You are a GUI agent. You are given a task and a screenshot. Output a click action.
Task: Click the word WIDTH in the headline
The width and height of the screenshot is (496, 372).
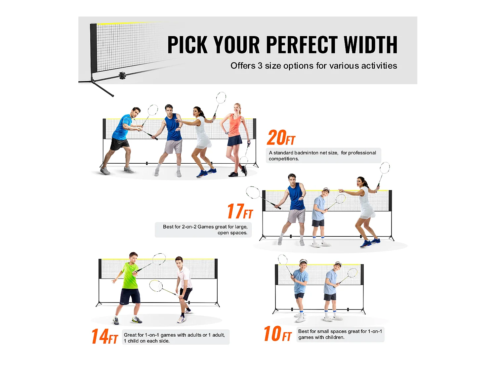(370, 45)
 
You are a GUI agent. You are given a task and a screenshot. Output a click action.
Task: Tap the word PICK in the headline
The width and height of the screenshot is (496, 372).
(187, 45)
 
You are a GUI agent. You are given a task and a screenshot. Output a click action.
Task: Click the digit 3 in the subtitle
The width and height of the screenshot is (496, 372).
(260, 66)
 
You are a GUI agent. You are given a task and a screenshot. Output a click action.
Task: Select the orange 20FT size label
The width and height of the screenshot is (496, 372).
(281, 138)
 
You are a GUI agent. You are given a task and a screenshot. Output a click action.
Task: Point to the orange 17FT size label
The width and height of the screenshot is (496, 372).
(240, 211)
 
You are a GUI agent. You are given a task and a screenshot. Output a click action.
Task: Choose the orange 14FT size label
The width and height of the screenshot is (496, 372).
(104, 336)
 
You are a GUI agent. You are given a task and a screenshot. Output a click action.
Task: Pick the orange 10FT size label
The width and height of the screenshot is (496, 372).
(277, 334)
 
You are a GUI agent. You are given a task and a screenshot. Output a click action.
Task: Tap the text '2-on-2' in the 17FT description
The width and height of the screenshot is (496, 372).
(189, 227)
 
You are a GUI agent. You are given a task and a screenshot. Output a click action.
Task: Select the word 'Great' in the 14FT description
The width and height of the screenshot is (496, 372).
(130, 335)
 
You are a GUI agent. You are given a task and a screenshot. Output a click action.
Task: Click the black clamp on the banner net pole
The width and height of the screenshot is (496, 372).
(122, 76)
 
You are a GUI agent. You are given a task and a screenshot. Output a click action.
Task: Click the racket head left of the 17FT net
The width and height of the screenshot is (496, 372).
(253, 192)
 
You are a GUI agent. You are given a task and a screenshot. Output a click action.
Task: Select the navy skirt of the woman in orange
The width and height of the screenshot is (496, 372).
(235, 141)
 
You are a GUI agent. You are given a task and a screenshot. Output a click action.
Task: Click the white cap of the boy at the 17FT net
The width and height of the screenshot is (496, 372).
(326, 190)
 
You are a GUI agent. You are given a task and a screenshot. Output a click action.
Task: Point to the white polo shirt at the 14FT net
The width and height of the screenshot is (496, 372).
(185, 277)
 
